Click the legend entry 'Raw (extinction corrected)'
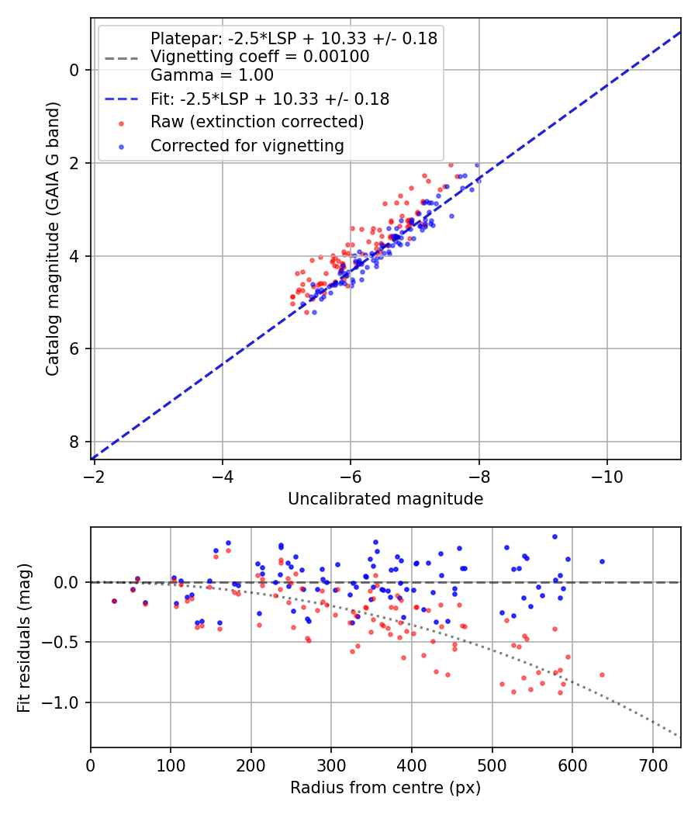[x=257, y=122]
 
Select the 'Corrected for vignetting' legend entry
[x=247, y=145]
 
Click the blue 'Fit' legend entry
[x=269, y=99]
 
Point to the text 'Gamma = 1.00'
[x=212, y=75]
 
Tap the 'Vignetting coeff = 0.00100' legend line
[x=259, y=57]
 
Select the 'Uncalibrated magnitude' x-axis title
[x=385, y=499]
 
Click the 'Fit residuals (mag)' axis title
[x=24, y=638]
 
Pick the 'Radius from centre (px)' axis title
[x=385, y=788]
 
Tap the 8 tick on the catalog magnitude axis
[x=74, y=442]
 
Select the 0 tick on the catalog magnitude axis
[x=74, y=70]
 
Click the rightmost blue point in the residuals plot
[x=601, y=561]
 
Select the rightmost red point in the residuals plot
[x=601, y=675]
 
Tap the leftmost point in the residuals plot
[x=114, y=601]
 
